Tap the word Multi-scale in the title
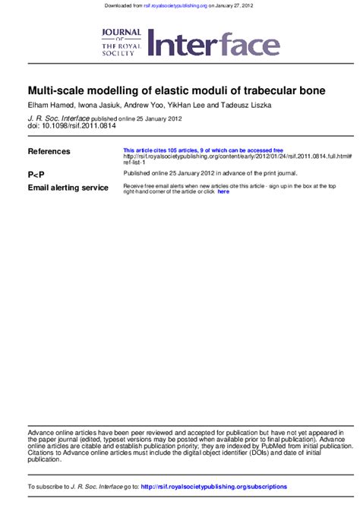[x=55, y=91]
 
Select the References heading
[x=49, y=152]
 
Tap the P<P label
[x=36, y=174]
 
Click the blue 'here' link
[x=223, y=191]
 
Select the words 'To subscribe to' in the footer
[x=48, y=486]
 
